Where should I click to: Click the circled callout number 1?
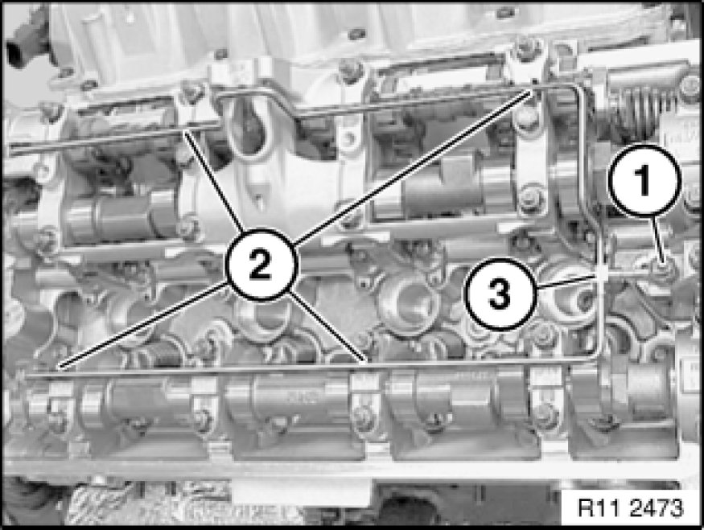pos(644,180)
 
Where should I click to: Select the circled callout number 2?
pos(260,265)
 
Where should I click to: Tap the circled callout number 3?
pos(500,294)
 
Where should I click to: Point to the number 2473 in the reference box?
pos(656,508)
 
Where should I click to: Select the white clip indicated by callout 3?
pos(603,273)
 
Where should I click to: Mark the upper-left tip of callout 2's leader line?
pos(185,130)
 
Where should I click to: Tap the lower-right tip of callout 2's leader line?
pos(365,360)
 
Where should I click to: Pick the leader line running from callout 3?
pos(566,282)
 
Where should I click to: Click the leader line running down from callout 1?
pos(656,238)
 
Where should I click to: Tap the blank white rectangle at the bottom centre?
pos(301,491)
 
